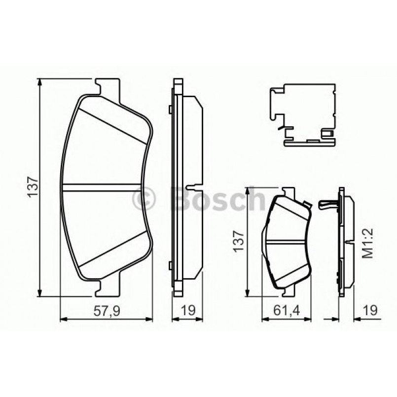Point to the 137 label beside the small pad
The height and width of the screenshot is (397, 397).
coord(240,242)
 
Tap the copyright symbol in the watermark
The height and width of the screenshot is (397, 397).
coord(145,199)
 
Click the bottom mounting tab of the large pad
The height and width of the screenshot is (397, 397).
coord(108,287)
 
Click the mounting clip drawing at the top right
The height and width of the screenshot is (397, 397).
coord(303,116)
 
